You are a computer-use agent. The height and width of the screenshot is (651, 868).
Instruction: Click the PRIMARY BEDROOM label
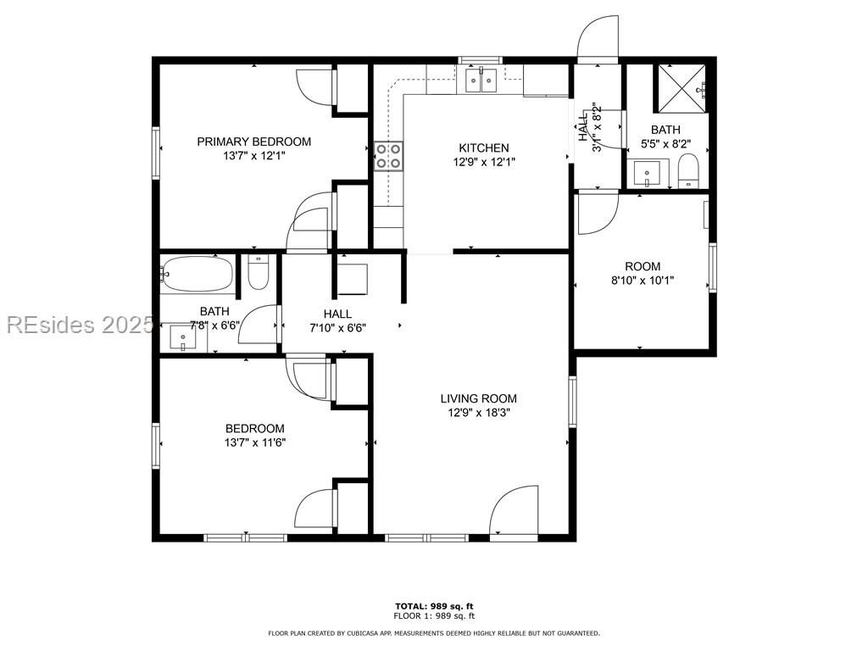[x=253, y=142]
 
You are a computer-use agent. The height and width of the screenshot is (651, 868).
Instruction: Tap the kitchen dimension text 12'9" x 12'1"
[x=484, y=162]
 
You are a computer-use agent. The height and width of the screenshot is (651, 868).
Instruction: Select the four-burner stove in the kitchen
[x=389, y=156]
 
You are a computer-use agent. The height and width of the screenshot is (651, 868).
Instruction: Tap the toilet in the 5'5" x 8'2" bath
[x=688, y=172]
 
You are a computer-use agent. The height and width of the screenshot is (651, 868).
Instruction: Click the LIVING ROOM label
[x=478, y=398]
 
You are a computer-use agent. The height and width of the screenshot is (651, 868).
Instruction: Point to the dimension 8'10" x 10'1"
[x=642, y=281]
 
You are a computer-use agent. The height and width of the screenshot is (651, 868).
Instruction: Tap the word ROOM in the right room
[x=642, y=266]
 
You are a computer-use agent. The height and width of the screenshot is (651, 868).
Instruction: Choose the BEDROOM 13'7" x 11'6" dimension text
[x=254, y=442]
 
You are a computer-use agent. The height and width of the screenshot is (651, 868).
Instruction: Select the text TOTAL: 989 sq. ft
[x=434, y=606]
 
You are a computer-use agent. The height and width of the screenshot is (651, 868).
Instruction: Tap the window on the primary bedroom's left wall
[x=156, y=152]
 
